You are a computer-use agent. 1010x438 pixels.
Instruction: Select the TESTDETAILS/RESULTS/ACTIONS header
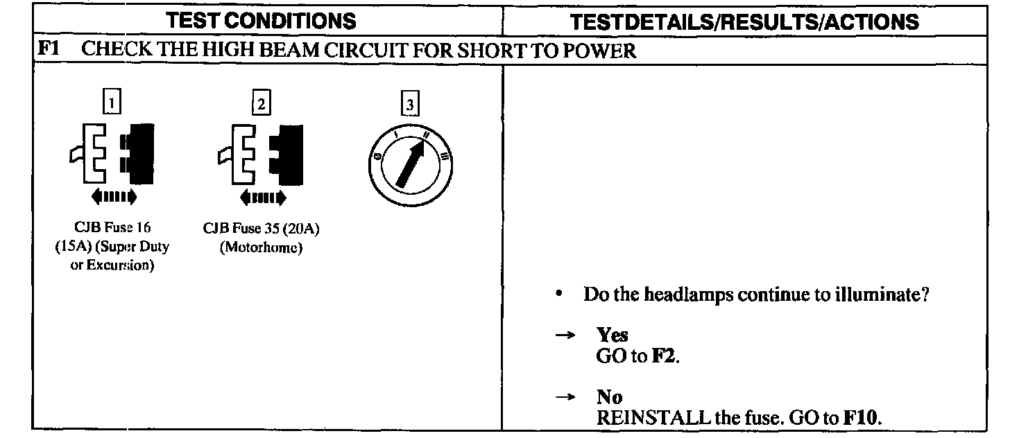pyautogui.click(x=744, y=21)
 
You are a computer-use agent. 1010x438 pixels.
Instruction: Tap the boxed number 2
pyautogui.click(x=261, y=104)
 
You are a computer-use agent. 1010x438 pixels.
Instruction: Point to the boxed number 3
pyautogui.click(x=411, y=104)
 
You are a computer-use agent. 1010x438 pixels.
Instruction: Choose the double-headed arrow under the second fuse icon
pyautogui.click(x=262, y=198)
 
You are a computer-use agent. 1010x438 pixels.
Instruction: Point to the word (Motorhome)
pyautogui.click(x=261, y=247)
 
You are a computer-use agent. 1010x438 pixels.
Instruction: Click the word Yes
pyautogui.click(x=613, y=335)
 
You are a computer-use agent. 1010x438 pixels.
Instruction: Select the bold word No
pyautogui.click(x=610, y=397)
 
